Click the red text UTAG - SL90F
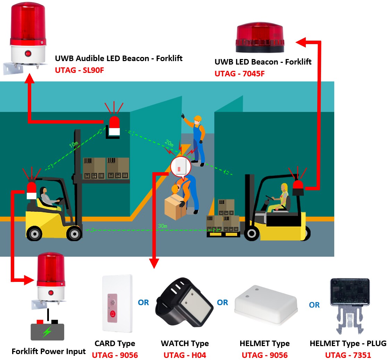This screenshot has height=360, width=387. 79,70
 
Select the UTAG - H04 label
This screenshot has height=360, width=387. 184,355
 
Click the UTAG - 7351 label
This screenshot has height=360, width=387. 348,355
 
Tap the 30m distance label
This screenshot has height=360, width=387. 163,226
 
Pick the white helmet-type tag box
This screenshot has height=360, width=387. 266,305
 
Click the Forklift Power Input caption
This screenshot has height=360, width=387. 49,351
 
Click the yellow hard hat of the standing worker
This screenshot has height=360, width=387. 197,118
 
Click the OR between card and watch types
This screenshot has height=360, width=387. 143,302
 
